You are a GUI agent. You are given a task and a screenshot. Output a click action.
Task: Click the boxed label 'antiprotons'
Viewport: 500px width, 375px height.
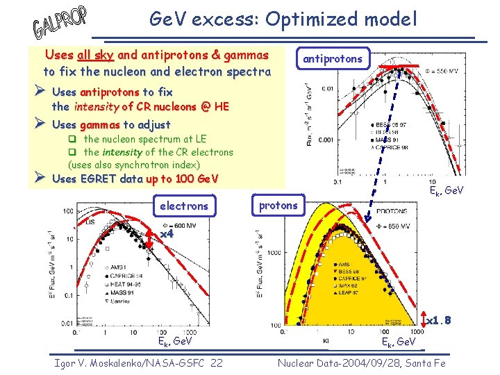click(x=332, y=59)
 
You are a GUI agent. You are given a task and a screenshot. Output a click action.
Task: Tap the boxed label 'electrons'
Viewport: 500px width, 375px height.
click(x=183, y=206)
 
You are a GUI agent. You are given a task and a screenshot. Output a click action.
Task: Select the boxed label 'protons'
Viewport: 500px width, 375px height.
click(x=278, y=205)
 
